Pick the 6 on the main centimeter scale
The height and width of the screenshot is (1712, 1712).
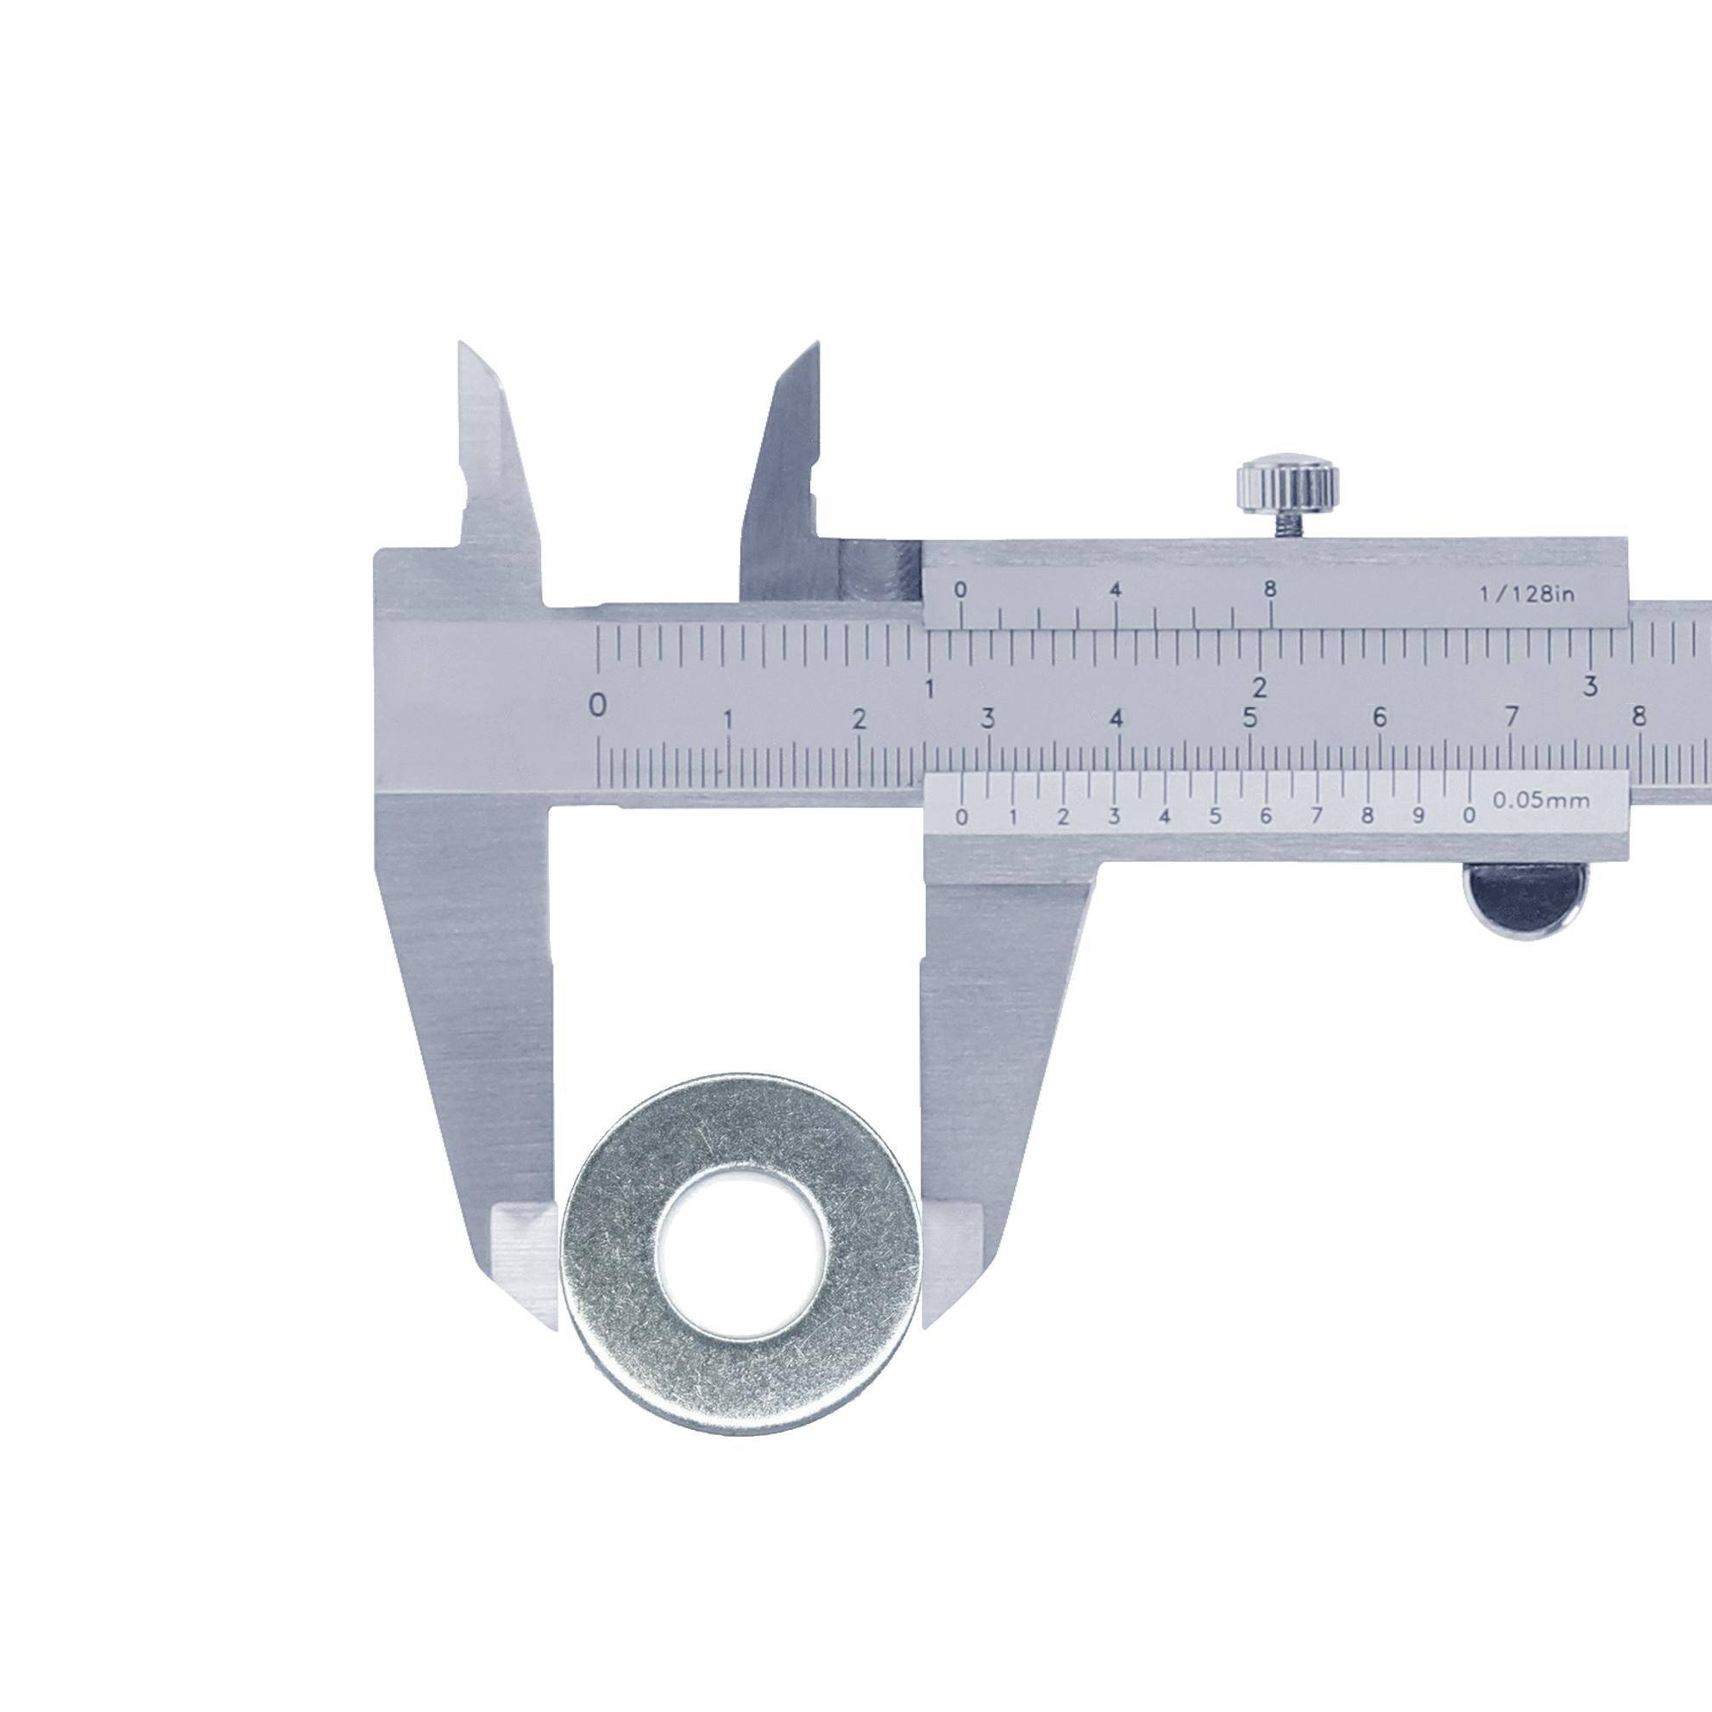click(1379, 719)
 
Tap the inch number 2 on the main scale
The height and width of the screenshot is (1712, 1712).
click(1259, 687)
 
